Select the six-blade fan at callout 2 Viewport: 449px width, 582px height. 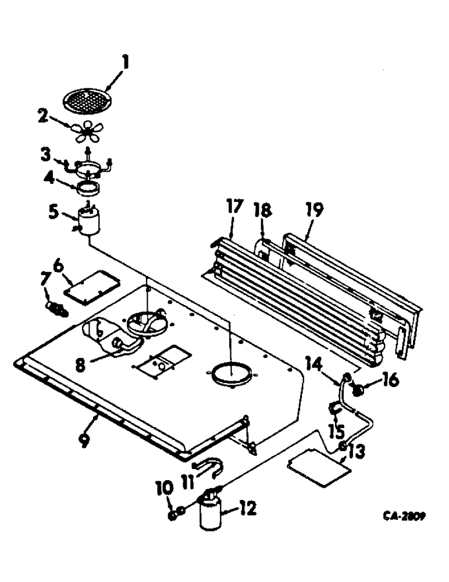[x=88, y=134]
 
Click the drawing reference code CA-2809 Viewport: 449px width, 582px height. [x=404, y=516]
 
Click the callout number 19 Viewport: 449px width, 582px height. [x=315, y=208]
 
